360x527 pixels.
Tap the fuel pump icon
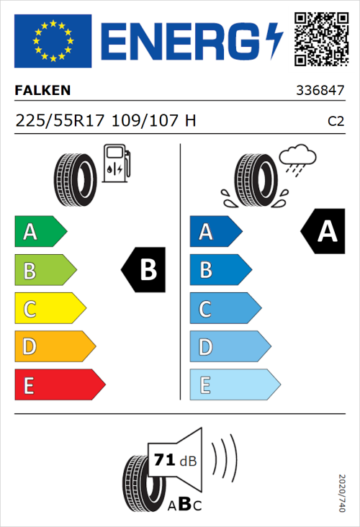coord(116,163)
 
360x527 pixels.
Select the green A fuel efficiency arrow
coord(39,232)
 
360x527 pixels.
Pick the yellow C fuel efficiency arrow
coord(48,310)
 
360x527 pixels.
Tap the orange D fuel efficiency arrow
coord(53,347)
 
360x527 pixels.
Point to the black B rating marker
coord(144,270)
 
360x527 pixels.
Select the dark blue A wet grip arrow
coord(214,232)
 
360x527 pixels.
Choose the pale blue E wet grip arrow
coord(233,385)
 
